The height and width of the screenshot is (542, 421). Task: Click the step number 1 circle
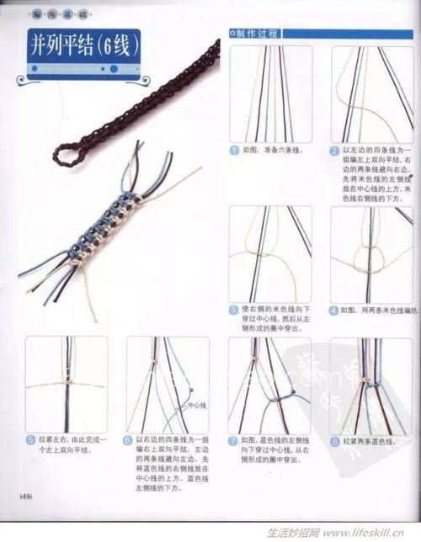tap(234, 151)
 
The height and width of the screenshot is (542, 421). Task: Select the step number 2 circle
tap(335, 151)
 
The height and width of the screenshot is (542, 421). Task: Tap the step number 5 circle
tap(30, 439)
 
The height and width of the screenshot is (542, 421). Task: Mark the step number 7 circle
tap(233, 439)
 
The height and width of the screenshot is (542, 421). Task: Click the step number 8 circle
tap(335, 439)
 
